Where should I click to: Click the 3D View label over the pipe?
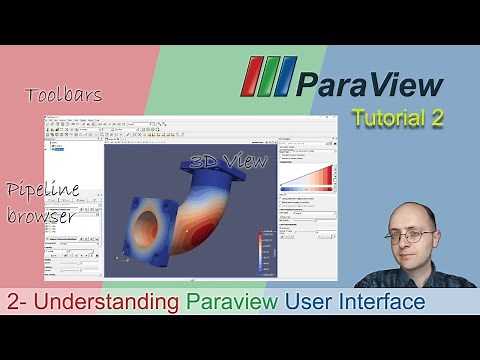[229, 161]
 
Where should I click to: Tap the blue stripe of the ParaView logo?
[285, 77]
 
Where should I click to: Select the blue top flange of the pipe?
[215, 170]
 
